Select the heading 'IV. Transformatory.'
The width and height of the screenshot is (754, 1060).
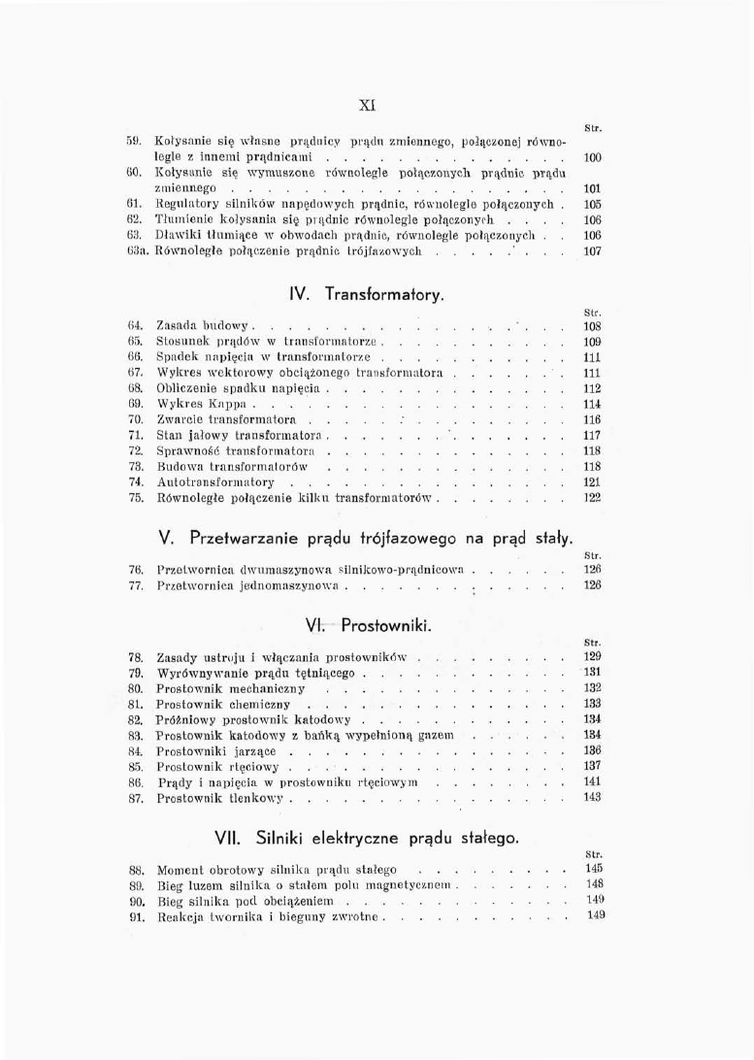[x=381, y=293]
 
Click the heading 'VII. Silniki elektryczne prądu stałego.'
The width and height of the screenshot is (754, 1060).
[x=379, y=837]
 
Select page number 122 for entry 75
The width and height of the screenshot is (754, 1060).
[x=594, y=497]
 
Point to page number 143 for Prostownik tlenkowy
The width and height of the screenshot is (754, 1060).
[x=594, y=797]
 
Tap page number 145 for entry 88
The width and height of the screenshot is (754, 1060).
[x=595, y=867]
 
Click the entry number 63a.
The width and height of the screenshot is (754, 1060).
[x=137, y=249]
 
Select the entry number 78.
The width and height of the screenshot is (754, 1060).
[x=137, y=656]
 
